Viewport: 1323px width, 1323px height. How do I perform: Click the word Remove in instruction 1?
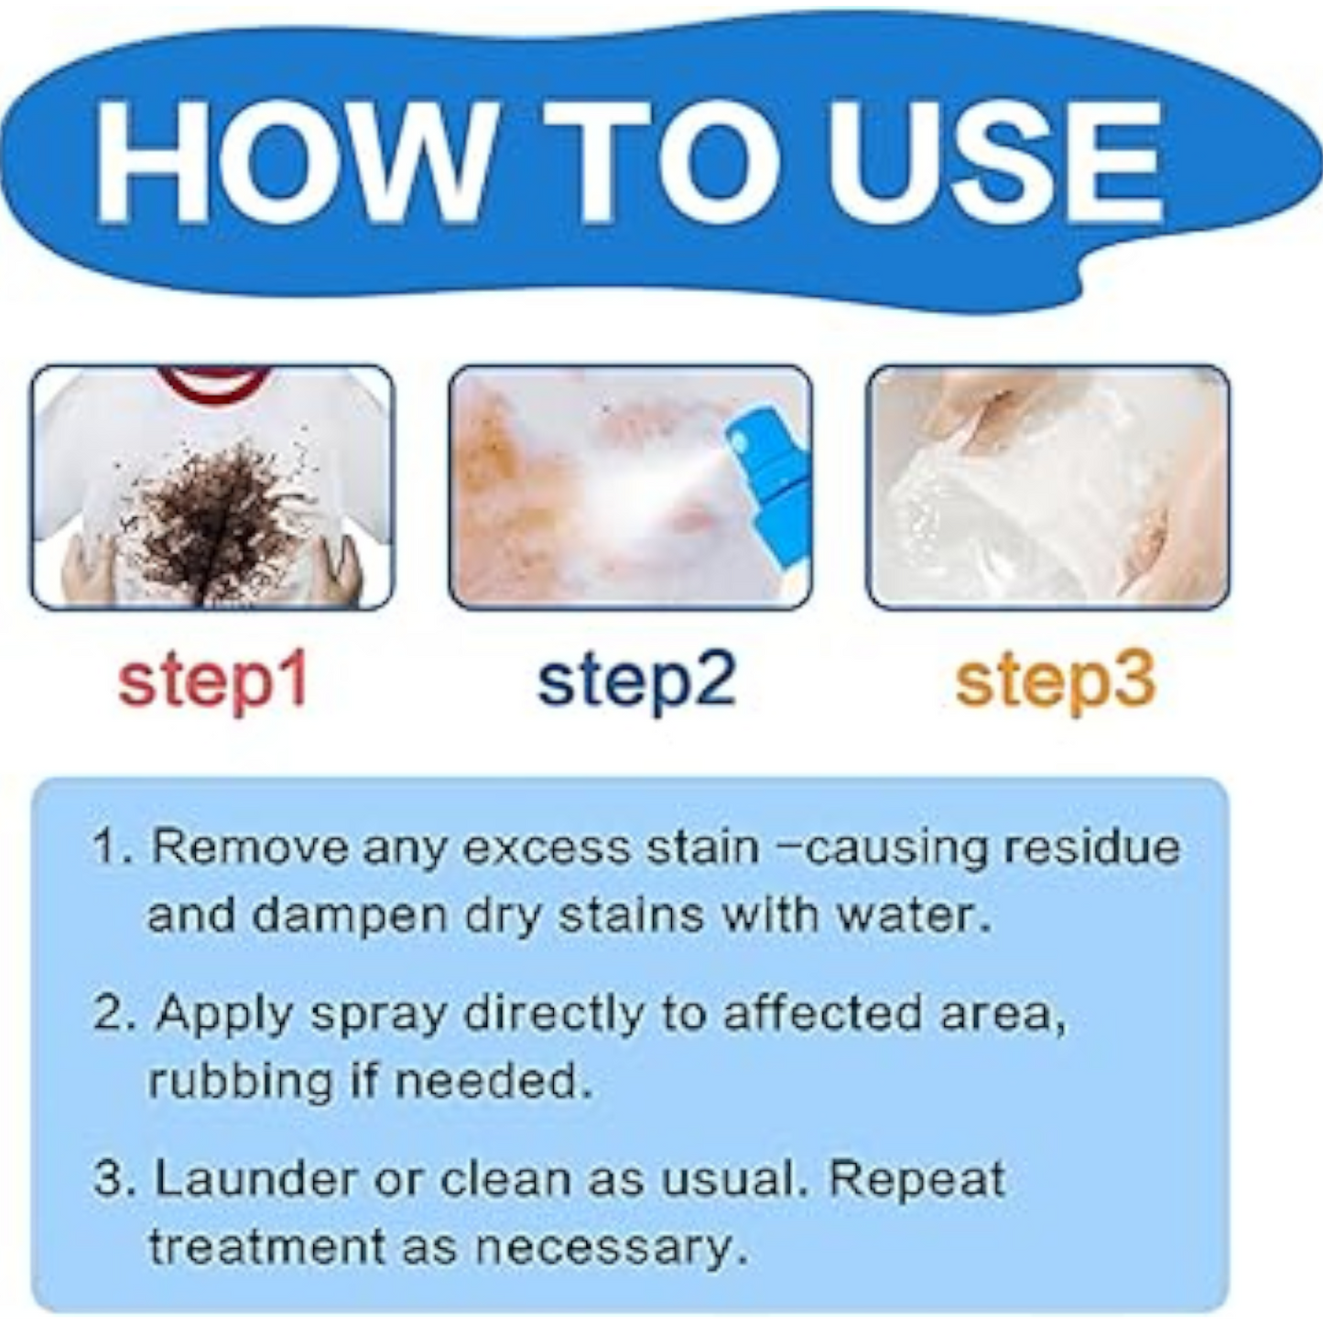251,849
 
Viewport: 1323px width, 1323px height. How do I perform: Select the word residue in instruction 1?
1091,849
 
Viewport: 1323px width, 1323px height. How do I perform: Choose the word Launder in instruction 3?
256,1181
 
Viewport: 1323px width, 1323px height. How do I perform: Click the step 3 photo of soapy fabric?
1047,487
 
